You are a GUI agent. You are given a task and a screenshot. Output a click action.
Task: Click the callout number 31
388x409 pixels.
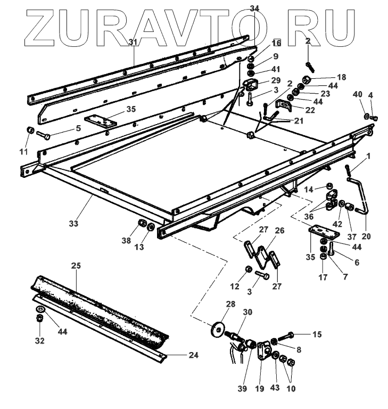click(133, 43)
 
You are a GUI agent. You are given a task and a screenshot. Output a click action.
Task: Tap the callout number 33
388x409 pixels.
click(73, 224)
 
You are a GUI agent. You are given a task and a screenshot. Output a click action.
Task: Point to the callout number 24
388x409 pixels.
click(193, 355)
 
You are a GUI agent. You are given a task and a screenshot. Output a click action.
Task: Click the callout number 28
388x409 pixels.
click(230, 304)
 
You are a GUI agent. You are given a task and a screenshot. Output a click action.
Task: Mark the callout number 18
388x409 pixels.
click(341, 77)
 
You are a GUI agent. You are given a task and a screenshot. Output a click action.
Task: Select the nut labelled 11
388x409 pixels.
click(30, 130)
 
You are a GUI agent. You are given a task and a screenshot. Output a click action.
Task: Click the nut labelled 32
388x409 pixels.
click(39, 318)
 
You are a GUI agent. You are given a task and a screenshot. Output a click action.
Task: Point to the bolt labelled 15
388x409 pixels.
click(288, 336)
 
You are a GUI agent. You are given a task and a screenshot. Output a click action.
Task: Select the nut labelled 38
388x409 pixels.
click(142, 224)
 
